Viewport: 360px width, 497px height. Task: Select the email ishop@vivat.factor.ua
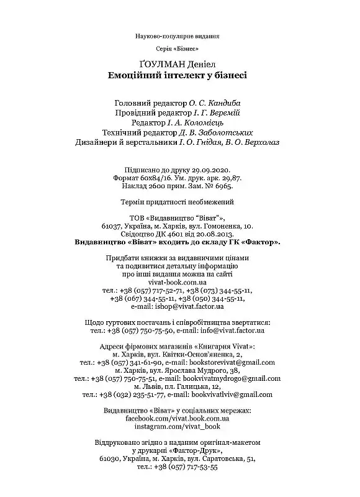point(190,306)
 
